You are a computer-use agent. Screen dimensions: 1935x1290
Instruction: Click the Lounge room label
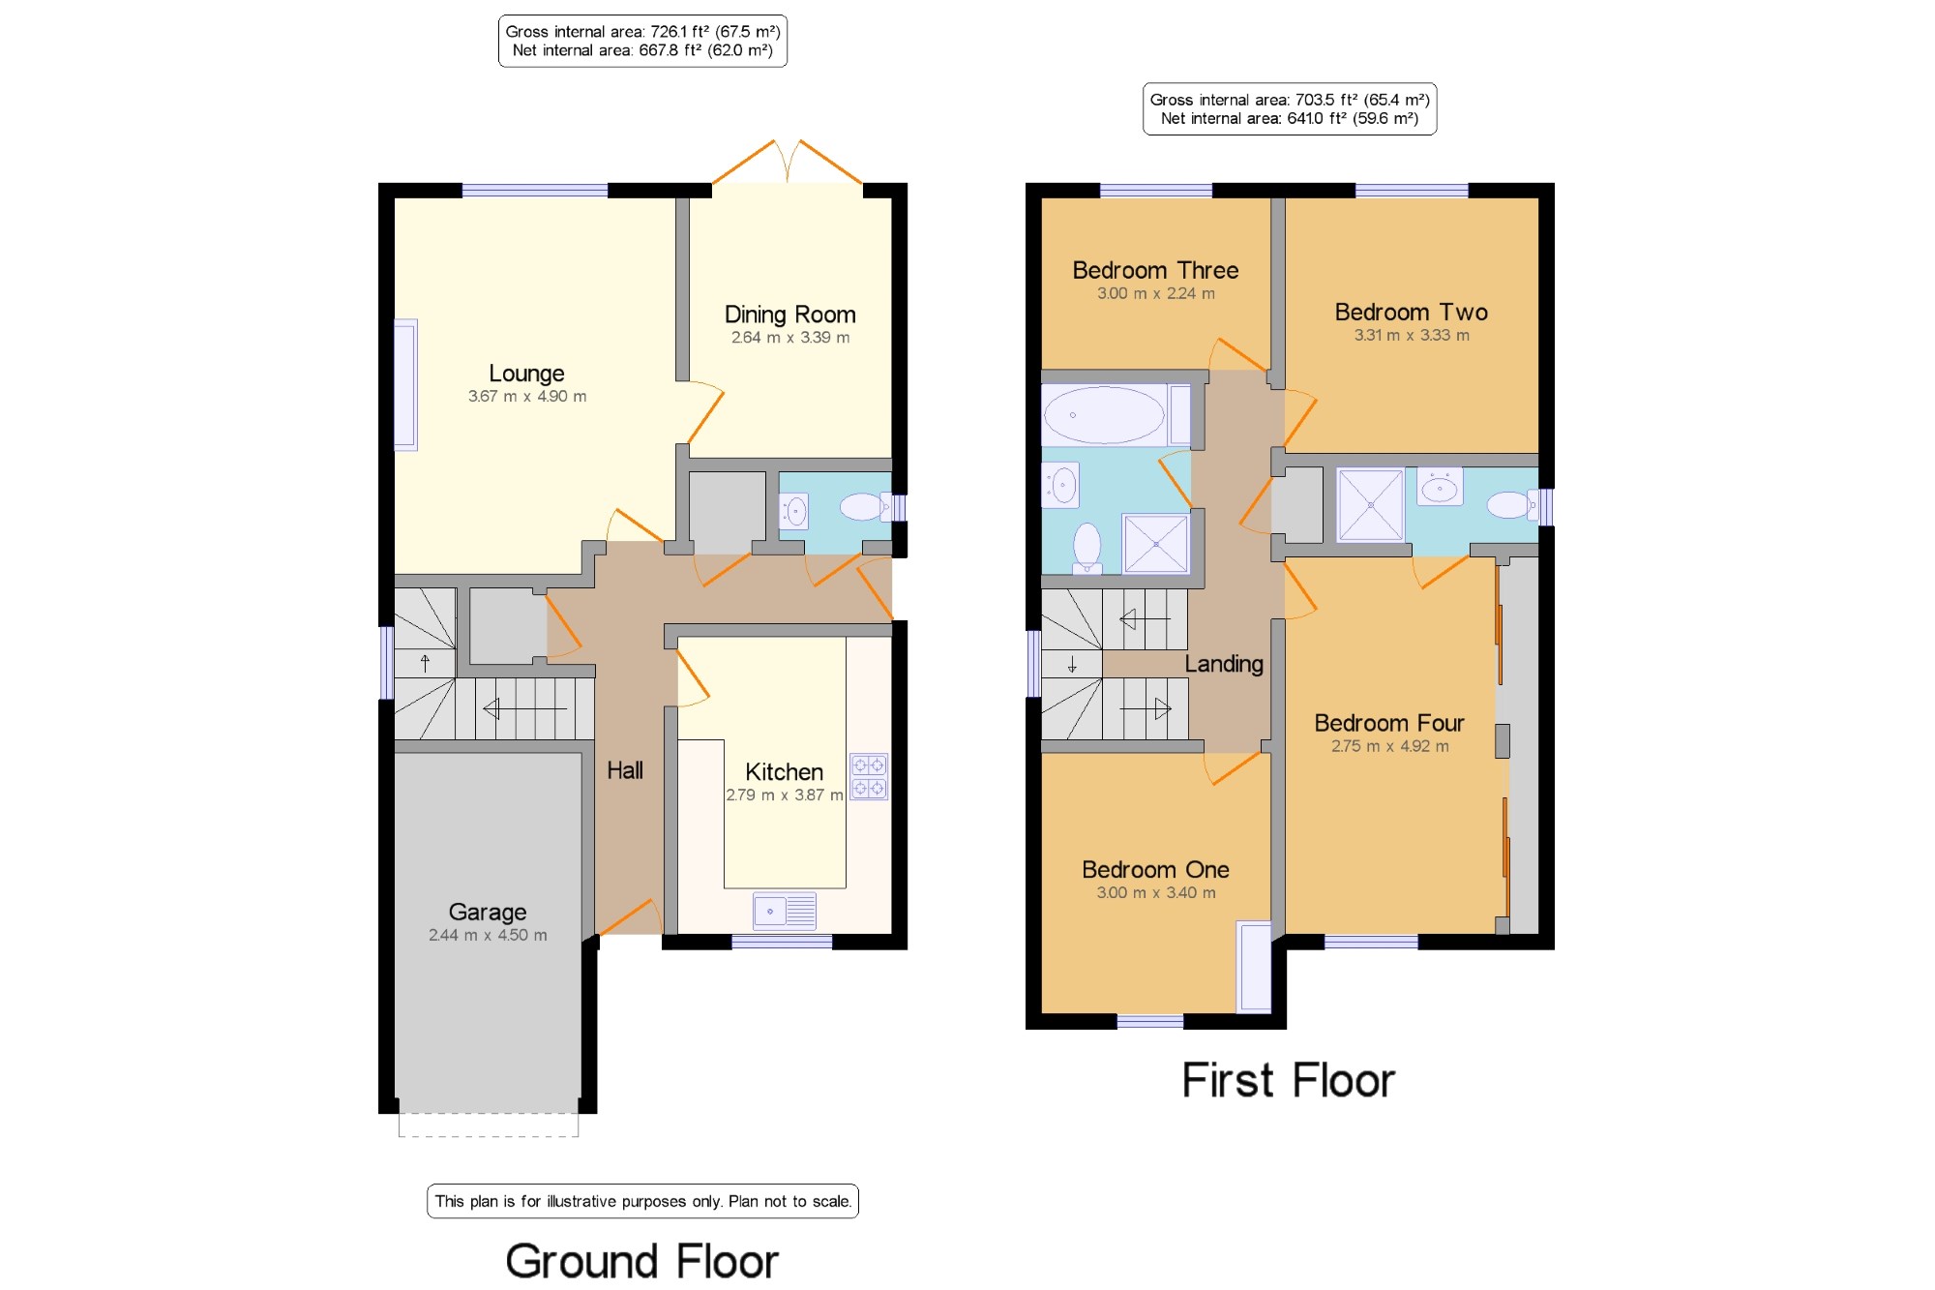coord(526,374)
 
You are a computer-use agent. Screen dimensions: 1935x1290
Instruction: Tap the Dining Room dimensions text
coord(790,338)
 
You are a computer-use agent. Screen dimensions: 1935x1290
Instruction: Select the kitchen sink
coord(785,911)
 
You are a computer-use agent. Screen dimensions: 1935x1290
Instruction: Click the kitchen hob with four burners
coord(869,777)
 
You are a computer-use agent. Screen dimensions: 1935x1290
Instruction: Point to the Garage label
coord(488,913)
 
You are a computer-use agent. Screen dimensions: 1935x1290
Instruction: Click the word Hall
coord(625,770)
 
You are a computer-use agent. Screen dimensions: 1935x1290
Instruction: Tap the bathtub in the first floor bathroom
coord(1104,415)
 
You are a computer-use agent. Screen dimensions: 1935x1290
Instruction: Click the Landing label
coord(1224,664)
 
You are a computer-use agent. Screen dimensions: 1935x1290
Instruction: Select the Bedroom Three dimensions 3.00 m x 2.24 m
coord(1156,293)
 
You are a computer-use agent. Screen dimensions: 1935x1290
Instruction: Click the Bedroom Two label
coord(1412,312)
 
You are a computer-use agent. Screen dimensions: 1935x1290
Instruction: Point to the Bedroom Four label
coord(1389,723)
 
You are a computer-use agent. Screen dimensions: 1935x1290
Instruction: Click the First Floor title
coord(1289,1080)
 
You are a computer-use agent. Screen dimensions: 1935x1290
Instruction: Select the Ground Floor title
coord(642,1261)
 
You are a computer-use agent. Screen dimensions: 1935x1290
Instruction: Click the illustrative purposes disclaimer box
coord(642,1201)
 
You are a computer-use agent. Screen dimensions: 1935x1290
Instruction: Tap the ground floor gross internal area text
coord(642,32)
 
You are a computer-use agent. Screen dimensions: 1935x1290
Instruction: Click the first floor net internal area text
coord(1290,118)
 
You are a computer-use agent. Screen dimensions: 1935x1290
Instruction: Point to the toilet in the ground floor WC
coord(864,506)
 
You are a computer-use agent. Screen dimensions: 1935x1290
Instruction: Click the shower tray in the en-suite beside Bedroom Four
coord(1370,505)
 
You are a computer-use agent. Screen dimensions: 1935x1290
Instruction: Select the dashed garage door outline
coord(489,1125)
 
